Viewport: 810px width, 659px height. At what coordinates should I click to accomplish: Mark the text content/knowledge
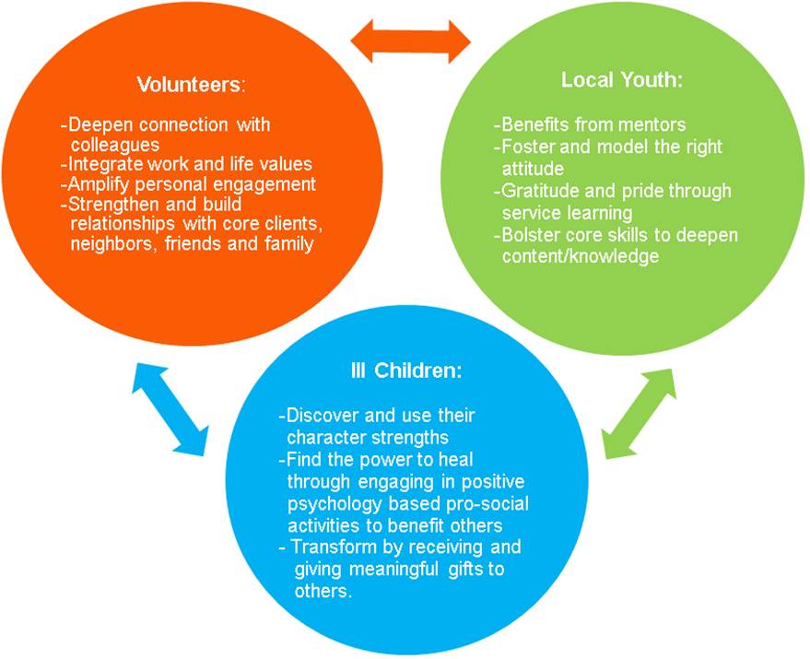pos(581,256)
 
